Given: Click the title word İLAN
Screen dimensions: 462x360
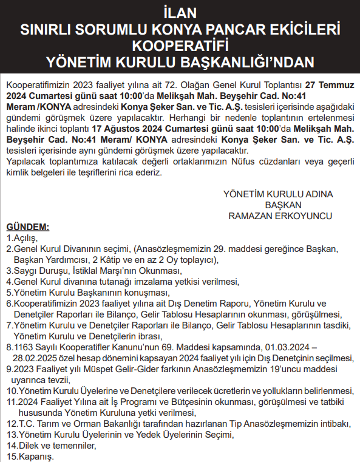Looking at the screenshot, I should click(180, 12).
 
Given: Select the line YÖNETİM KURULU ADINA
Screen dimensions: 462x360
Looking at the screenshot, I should click(279, 194).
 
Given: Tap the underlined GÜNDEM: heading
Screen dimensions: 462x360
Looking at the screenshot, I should click(27, 227).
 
